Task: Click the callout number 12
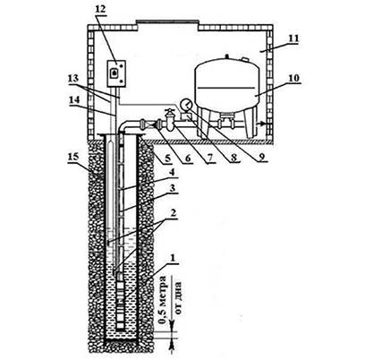coord(101,9)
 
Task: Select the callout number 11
coord(293,39)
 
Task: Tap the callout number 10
coord(293,78)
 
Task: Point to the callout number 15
coord(73,158)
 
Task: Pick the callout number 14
coord(74,100)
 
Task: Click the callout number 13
coord(73,79)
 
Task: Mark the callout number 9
coord(261,157)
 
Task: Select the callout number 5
coord(168,157)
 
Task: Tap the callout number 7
coord(211,158)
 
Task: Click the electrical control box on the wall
coord(116,73)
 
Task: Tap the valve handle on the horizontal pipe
coord(170,111)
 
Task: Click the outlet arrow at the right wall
coord(261,124)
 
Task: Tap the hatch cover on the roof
coord(166,21)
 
